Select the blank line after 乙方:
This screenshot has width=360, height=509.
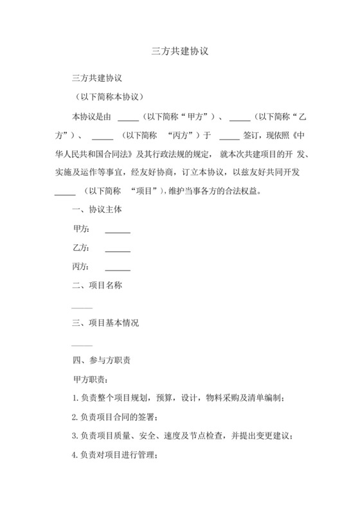coord(118,249)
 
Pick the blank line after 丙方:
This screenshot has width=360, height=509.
coord(118,267)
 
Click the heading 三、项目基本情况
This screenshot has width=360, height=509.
coord(105,323)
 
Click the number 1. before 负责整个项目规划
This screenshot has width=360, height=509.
coord(76,398)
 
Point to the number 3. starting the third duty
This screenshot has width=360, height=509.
coord(76,436)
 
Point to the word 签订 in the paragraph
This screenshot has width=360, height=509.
coord(253,136)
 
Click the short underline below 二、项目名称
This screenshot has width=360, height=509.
coord(82,308)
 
